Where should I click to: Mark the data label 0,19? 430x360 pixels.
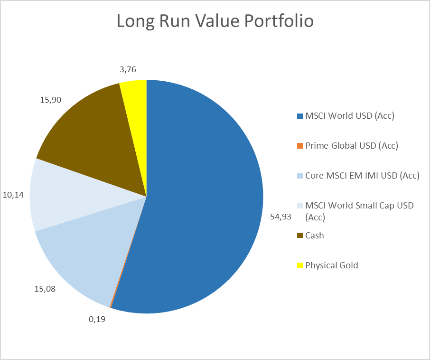coord(97,319)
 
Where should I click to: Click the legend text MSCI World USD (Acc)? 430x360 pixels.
coord(349,116)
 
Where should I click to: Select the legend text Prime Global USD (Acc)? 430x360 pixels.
coord(351,146)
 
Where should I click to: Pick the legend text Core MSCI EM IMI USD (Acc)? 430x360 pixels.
coord(363,176)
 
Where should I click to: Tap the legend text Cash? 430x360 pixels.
coord(315,235)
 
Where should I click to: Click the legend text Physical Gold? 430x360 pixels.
coord(332,265)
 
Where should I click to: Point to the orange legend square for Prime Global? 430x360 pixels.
coord(299,146)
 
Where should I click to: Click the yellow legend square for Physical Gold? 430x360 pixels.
coord(299,265)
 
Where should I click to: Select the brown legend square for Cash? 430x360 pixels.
coord(299,235)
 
